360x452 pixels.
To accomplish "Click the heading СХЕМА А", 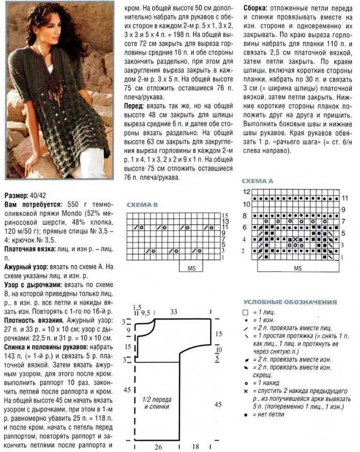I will (257, 181).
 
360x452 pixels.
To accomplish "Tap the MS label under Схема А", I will (297, 268).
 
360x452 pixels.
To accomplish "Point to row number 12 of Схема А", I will (247, 192).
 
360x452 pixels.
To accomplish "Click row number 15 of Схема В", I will (225, 215).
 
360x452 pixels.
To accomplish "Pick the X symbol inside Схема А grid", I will (295, 239).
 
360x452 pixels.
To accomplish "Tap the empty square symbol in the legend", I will (246, 313).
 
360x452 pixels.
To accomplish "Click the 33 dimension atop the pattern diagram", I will (173, 312).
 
